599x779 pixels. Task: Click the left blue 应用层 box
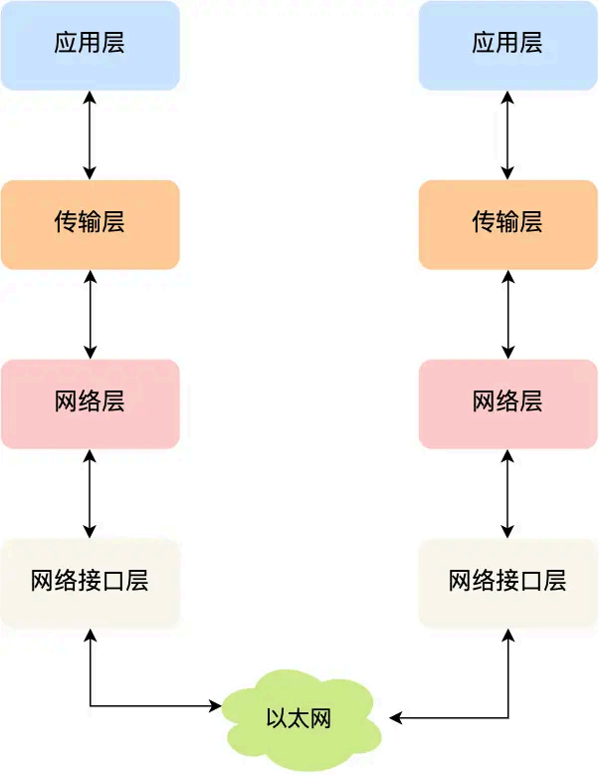[90, 45]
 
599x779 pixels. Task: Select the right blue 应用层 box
[507, 45]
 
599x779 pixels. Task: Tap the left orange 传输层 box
[90, 224]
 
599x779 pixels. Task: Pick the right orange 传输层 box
[507, 224]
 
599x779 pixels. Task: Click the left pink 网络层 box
[90, 403]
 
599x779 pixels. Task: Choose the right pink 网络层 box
[507, 403]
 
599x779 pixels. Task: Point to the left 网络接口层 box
[90, 583]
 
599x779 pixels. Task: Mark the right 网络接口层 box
[507, 583]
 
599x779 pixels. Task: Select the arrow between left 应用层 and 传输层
[91, 134]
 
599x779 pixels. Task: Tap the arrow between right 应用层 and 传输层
[508, 134]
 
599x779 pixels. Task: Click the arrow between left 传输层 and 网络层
[91, 314]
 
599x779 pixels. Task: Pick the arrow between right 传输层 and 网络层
[508, 314]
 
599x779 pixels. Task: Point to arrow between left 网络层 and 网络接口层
[91, 493]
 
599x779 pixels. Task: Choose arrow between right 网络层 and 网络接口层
[508, 493]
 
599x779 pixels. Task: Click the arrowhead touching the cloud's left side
[215, 706]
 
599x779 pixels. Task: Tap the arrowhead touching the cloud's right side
[395, 717]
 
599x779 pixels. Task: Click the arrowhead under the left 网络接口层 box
[91, 635]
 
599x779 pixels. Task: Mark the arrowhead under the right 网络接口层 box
[508, 635]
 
